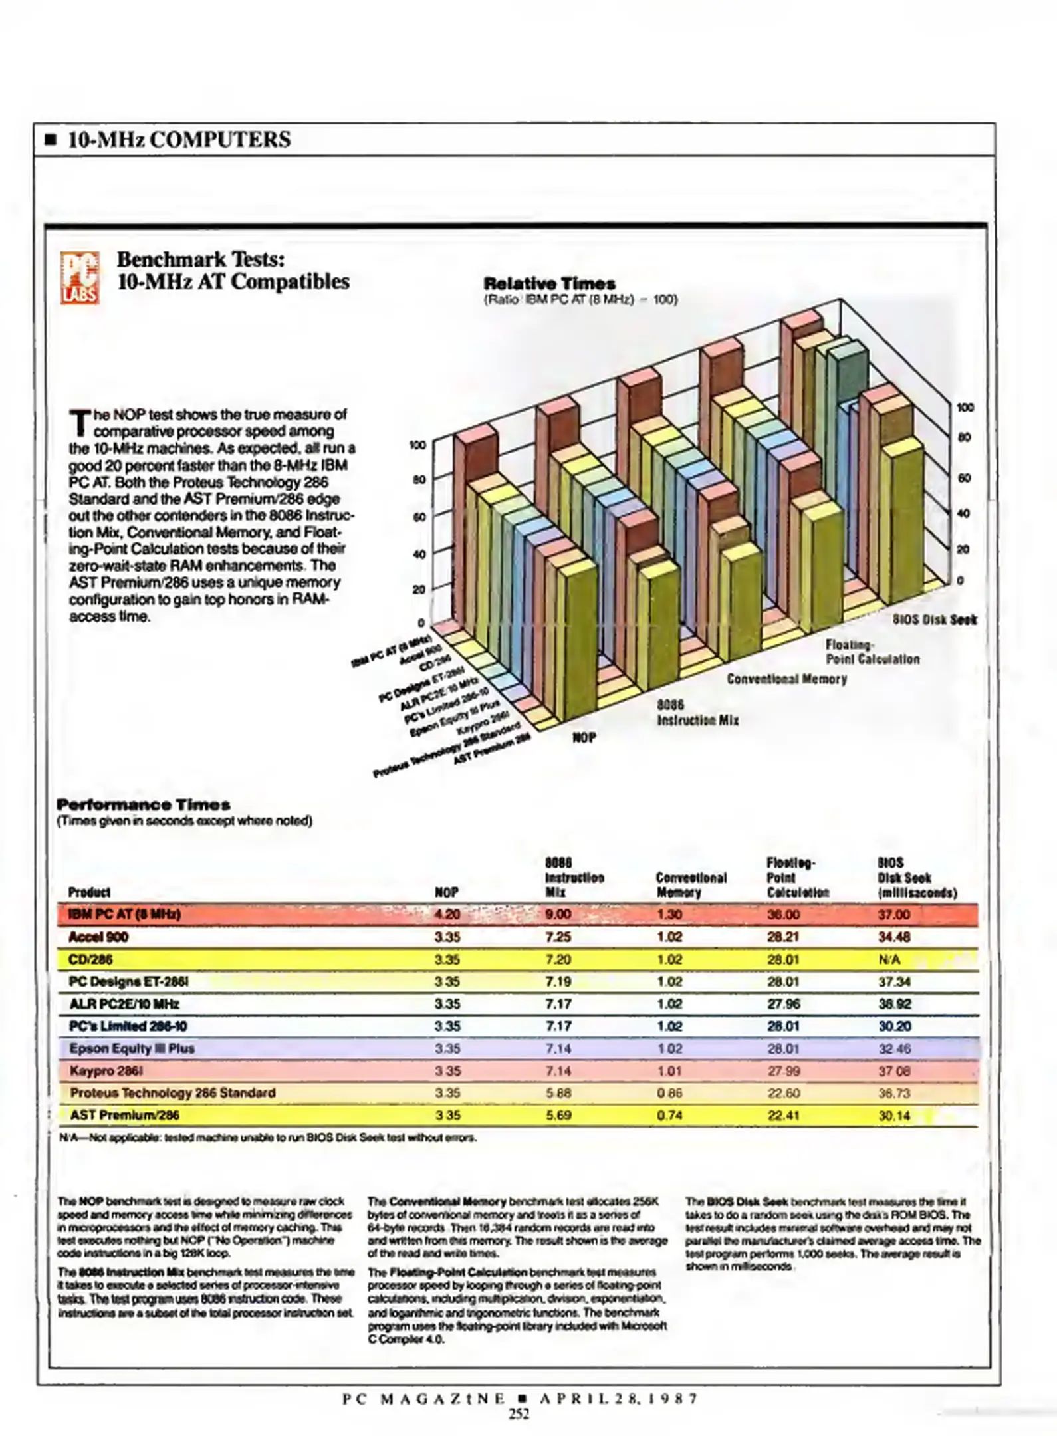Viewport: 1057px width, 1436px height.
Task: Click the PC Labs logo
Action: point(80,277)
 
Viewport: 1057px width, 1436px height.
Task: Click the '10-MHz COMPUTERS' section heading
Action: point(179,140)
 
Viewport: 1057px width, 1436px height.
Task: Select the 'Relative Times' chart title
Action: point(549,283)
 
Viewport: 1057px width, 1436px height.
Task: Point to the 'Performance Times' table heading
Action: point(144,805)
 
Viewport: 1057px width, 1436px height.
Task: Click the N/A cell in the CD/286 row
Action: point(889,960)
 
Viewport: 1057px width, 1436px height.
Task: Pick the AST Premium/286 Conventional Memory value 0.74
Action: point(669,1116)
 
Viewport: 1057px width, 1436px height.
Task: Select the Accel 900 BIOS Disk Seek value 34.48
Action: point(894,937)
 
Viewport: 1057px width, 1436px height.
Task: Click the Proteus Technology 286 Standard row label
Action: point(173,1093)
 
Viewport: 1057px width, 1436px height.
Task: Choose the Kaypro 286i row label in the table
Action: point(106,1071)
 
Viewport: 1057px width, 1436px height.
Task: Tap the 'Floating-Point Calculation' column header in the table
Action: point(797,878)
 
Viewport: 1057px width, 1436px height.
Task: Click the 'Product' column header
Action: point(89,892)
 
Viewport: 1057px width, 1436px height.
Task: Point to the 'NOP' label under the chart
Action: point(584,737)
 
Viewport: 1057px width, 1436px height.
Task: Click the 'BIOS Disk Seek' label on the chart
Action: point(934,620)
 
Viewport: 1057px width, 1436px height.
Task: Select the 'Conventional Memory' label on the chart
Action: point(786,679)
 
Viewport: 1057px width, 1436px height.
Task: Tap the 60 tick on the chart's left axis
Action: point(419,517)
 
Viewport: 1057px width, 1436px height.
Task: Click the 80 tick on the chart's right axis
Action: point(964,438)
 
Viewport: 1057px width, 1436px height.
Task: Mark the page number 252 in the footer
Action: point(519,1414)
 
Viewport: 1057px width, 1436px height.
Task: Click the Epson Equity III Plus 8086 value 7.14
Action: point(558,1048)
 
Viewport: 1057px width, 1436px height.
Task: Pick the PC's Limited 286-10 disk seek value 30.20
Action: point(894,1026)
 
